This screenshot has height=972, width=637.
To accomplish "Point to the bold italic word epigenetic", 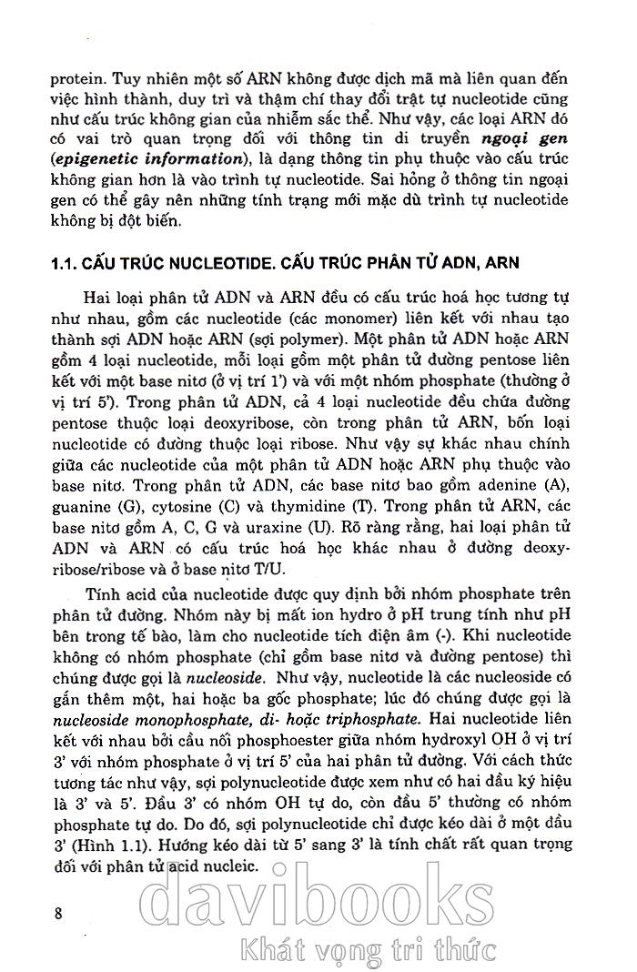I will (92, 160).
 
